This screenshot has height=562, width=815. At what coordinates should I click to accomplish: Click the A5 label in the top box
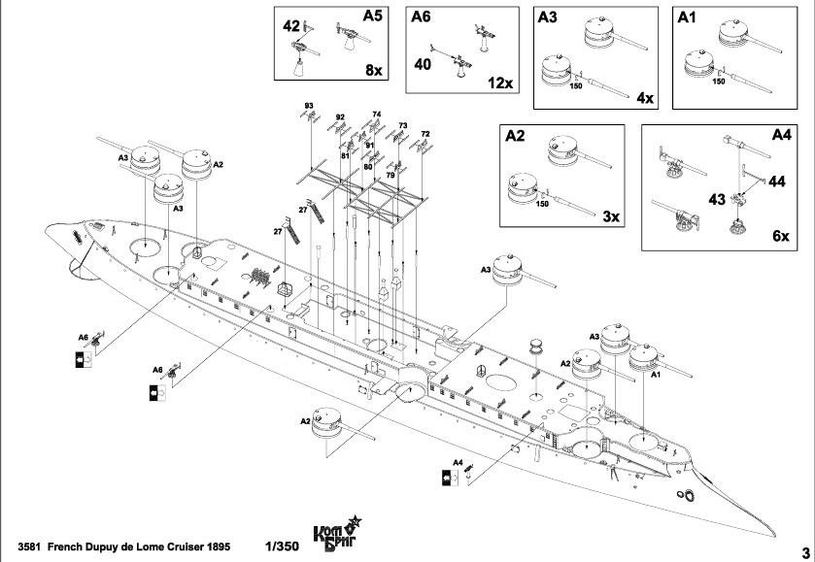click(x=373, y=17)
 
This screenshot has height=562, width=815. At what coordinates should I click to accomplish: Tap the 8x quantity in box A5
click(x=374, y=71)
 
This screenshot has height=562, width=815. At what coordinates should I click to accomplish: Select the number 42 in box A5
click(x=291, y=26)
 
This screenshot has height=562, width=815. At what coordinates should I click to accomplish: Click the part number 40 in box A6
click(x=422, y=64)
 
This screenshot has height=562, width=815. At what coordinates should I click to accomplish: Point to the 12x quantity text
click(x=500, y=83)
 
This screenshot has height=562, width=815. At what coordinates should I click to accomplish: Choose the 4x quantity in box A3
click(x=645, y=98)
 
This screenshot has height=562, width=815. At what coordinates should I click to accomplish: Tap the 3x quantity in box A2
click(x=610, y=216)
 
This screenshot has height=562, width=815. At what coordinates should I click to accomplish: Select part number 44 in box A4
click(x=778, y=181)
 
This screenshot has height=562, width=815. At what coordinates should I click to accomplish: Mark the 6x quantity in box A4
click(x=780, y=237)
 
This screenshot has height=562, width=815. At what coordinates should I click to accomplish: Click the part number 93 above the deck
click(x=308, y=105)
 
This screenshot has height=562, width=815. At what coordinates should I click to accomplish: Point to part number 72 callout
click(x=425, y=134)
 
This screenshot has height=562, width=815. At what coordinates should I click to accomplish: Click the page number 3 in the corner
click(x=804, y=549)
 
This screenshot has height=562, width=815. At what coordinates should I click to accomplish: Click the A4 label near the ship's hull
click(x=458, y=464)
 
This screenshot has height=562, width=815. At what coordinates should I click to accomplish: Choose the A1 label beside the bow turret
click(x=655, y=373)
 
